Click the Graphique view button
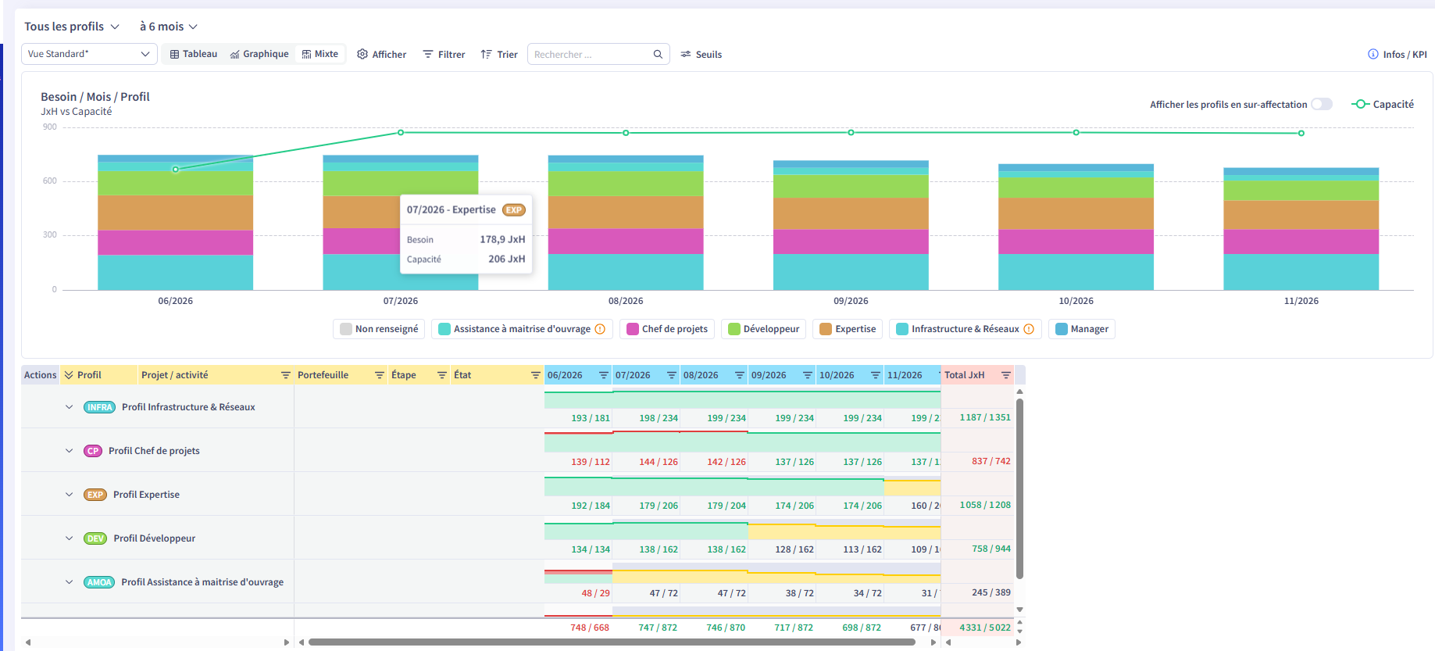[x=259, y=54]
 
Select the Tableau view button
[x=194, y=54]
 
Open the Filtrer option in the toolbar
[x=444, y=55]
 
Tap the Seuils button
[x=701, y=55]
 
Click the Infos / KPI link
[x=1397, y=55]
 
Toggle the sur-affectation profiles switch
[x=1322, y=104]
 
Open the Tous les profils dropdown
[x=72, y=27]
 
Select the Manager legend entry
[x=1082, y=329]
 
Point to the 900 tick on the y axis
[x=50, y=127]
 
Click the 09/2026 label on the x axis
[x=851, y=301]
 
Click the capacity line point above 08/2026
[x=626, y=133]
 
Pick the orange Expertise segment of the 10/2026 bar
[x=1076, y=213]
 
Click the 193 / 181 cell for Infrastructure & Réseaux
[x=591, y=418]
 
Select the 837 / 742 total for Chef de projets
[x=991, y=461]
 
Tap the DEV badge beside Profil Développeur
[x=95, y=538]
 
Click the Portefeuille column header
[x=323, y=375]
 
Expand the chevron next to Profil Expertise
[x=69, y=495]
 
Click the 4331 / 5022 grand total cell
[x=985, y=628]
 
